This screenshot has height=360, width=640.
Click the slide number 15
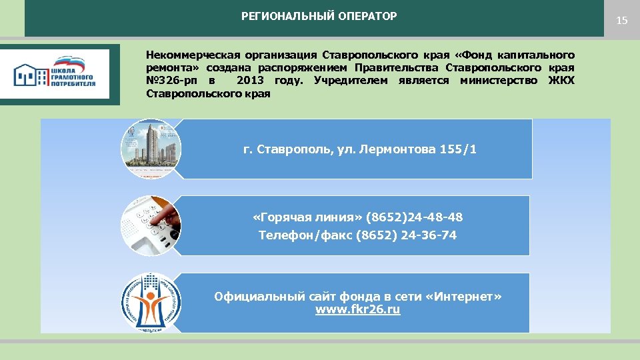(621, 21)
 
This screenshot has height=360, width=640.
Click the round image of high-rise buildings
(151, 148)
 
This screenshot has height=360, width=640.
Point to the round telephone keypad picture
(151, 225)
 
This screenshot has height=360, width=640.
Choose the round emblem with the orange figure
(151, 302)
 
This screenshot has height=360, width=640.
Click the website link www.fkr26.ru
(357, 310)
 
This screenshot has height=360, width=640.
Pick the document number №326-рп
(171, 81)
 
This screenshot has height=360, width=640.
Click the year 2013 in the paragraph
(250, 81)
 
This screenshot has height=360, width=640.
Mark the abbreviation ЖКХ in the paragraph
(561, 81)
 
